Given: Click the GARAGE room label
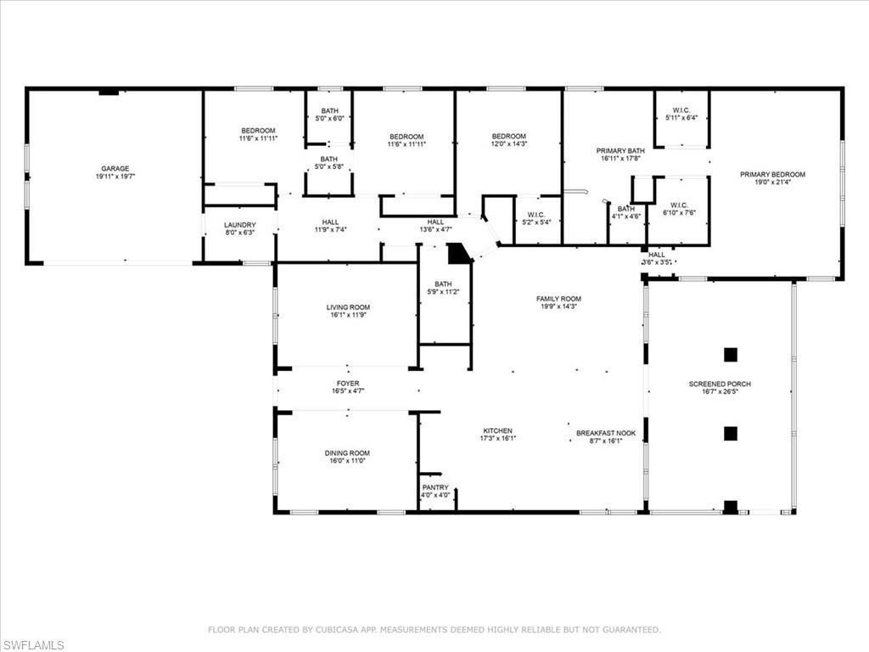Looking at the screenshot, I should [115, 168].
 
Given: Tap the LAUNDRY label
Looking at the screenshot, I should [239, 225].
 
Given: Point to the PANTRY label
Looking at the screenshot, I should [434, 487].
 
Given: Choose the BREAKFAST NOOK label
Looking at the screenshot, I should [606, 432].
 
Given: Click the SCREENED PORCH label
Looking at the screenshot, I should [720, 384].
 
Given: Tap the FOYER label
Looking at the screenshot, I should [348, 384].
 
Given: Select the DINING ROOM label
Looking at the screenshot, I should [348, 453].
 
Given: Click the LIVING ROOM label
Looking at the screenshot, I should [348, 307].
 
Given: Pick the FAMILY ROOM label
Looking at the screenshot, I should [558, 299].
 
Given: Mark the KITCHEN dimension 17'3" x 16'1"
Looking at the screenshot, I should [497, 439].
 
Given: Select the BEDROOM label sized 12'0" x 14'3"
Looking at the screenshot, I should [509, 136].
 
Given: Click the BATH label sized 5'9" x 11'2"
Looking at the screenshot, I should [443, 284].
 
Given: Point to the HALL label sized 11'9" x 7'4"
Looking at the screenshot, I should [331, 222].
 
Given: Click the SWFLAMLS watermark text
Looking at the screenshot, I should [33, 645].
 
